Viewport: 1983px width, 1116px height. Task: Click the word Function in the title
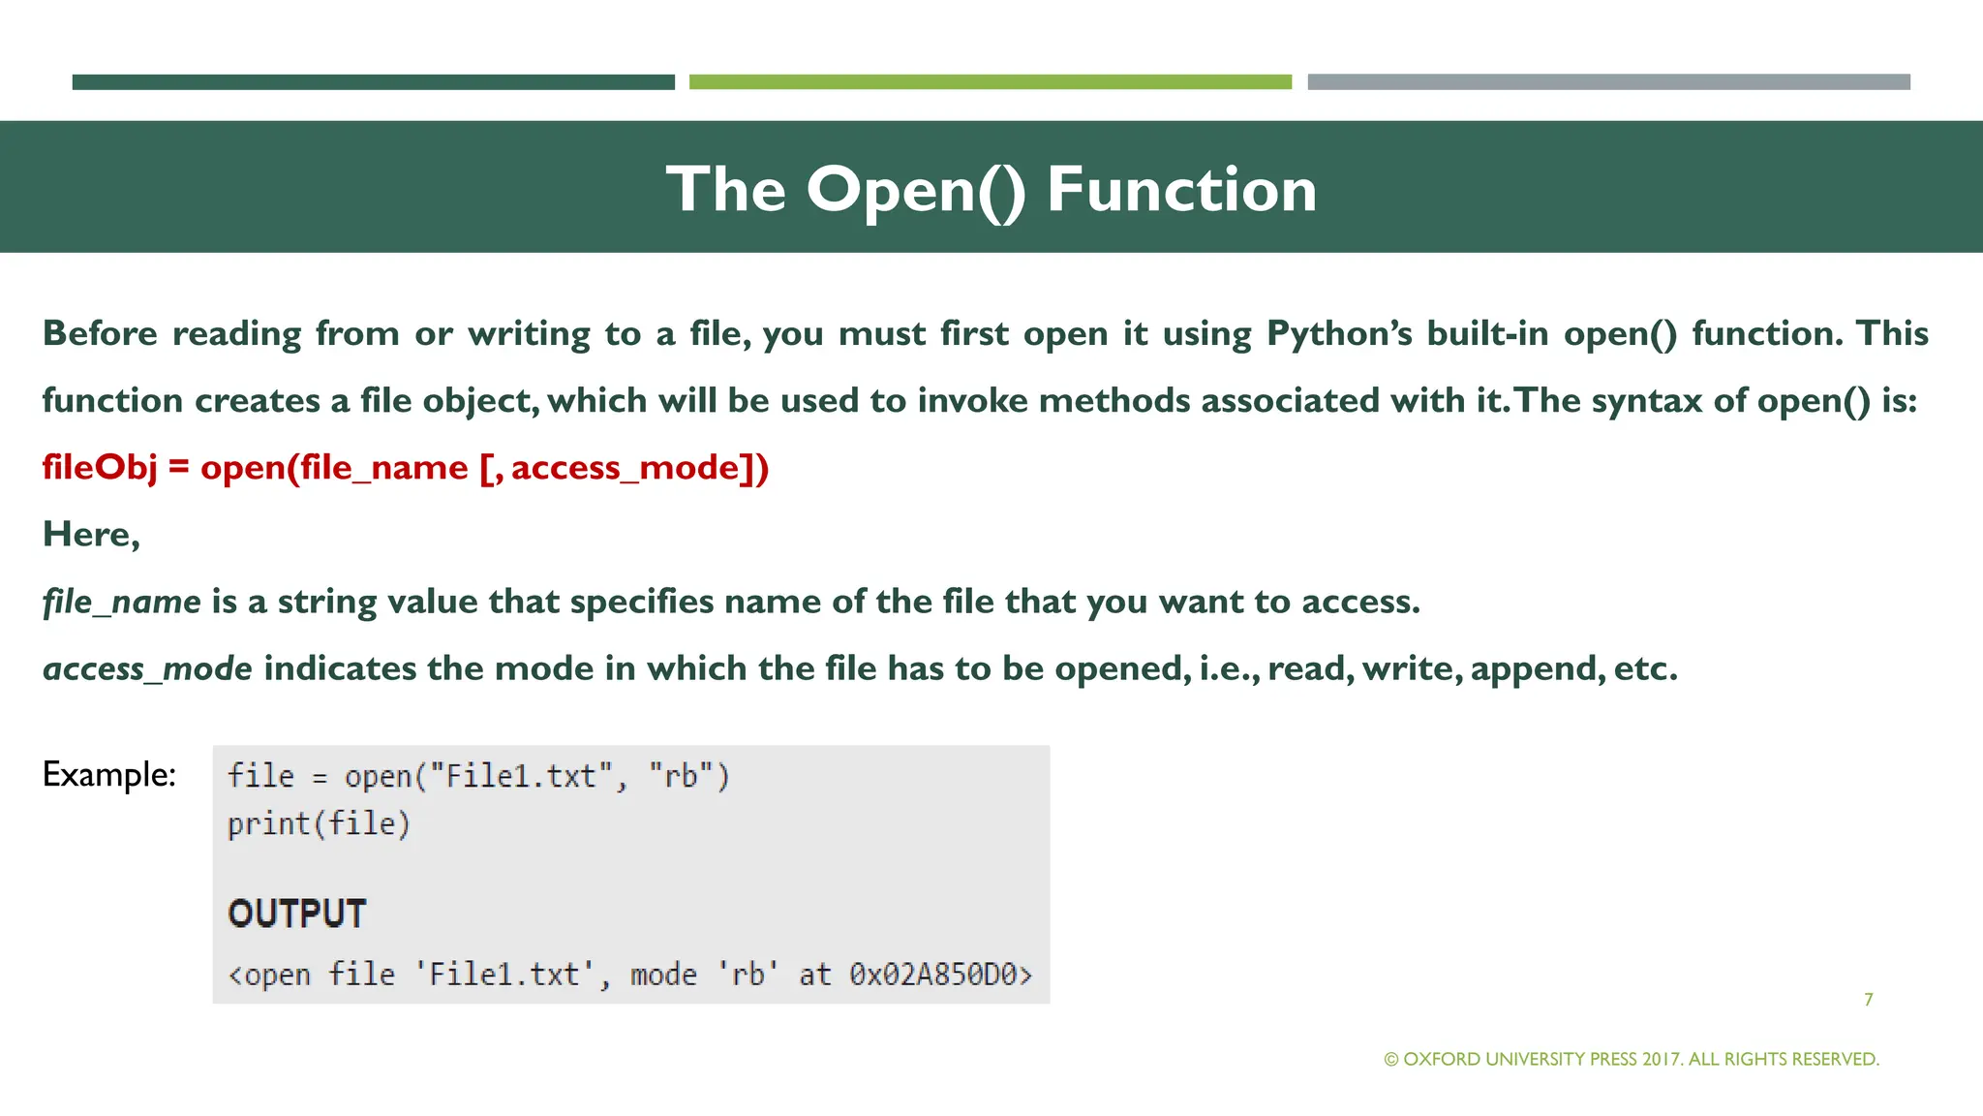[1181, 189]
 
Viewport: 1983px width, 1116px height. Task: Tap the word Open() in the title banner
[915, 190]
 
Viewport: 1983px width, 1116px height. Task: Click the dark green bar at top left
[373, 82]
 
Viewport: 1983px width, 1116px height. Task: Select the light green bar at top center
[990, 82]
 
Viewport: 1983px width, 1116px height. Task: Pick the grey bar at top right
[1608, 82]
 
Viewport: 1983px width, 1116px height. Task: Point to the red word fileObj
[99, 468]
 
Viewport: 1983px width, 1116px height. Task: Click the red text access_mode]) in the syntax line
[639, 468]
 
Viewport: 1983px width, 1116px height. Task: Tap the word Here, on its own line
[91, 535]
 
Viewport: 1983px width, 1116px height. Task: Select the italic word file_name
[122, 603]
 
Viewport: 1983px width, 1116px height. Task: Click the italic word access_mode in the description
[147, 669]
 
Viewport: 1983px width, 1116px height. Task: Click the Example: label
[108, 774]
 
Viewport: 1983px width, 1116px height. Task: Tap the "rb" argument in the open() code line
[687, 777]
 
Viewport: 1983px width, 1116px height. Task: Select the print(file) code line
[319, 824]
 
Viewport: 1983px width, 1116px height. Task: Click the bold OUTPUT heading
[296, 914]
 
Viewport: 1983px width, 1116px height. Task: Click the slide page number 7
[1868, 1000]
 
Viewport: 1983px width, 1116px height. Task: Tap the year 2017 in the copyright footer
[1662, 1060]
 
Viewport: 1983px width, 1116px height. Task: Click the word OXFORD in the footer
[1442, 1060]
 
